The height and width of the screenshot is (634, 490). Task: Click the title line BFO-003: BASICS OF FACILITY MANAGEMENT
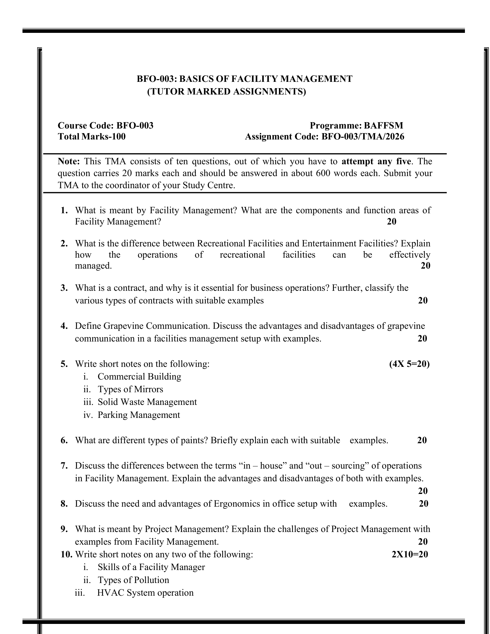(x=244, y=79)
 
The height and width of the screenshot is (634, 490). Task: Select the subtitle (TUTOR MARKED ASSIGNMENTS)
(x=227, y=92)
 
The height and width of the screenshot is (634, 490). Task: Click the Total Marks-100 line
(x=92, y=136)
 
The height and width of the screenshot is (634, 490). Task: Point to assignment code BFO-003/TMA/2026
(x=363, y=136)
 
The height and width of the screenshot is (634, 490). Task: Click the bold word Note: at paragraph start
(x=69, y=161)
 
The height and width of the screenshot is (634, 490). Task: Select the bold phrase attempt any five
(x=376, y=161)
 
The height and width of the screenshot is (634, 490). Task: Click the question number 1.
(x=64, y=210)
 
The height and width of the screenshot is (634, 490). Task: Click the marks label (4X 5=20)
(x=409, y=364)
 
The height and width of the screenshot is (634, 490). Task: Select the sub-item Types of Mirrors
(x=130, y=389)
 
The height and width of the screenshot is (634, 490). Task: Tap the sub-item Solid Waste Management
(x=147, y=402)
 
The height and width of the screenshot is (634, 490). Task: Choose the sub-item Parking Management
(x=139, y=415)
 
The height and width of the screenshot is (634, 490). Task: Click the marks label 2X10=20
(x=410, y=554)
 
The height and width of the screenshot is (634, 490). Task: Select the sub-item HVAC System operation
(x=145, y=593)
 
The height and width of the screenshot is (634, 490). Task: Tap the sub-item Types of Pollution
(x=133, y=580)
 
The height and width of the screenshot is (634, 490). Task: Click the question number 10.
(x=67, y=554)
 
